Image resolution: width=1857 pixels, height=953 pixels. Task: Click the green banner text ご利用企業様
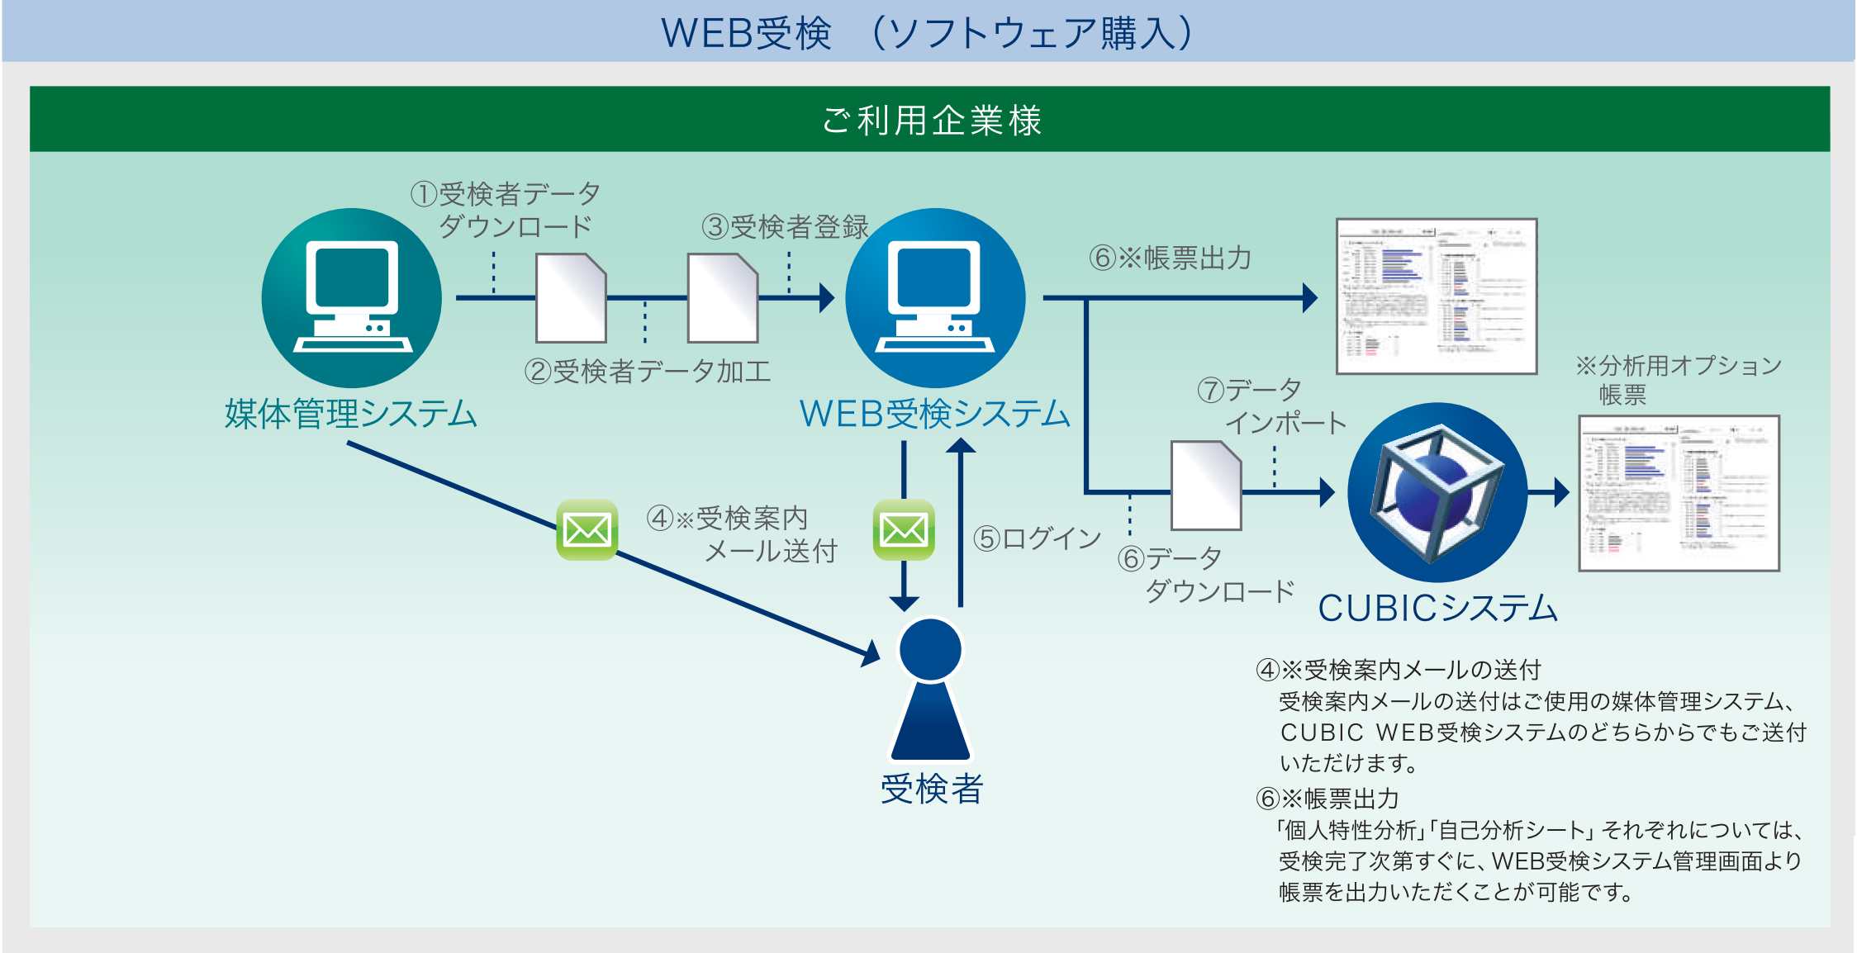tap(931, 121)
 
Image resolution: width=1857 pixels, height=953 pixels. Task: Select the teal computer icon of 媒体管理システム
tap(351, 297)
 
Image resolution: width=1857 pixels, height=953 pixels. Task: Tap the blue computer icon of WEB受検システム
tap(935, 297)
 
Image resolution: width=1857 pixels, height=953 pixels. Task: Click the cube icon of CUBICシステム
tap(1437, 492)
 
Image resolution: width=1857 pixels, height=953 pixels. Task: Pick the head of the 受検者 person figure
tap(930, 650)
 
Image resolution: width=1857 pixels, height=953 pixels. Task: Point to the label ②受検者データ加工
tap(647, 372)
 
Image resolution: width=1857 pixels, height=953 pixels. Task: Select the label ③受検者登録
tap(785, 226)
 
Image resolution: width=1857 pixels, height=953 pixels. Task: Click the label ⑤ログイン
tap(1037, 538)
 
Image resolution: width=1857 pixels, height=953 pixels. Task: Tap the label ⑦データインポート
tap(1272, 406)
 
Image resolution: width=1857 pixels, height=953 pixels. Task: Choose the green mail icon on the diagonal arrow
tap(587, 529)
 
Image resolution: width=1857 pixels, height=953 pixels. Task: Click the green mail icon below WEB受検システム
tap(904, 529)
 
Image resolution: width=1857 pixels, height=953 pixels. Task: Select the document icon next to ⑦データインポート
tap(1206, 486)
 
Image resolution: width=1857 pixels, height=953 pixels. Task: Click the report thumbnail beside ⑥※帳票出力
tap(1436, 296)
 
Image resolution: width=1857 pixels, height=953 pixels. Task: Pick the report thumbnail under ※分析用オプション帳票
tap(1678, 493)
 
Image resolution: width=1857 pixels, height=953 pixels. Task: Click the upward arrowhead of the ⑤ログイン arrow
tap(961, 446)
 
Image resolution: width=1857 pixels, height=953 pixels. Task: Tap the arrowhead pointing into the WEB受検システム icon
tap(826, 297)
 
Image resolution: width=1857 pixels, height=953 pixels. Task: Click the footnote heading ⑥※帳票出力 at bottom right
tap(1327, 799)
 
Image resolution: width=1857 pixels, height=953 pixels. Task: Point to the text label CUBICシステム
tap(1437, 609)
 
